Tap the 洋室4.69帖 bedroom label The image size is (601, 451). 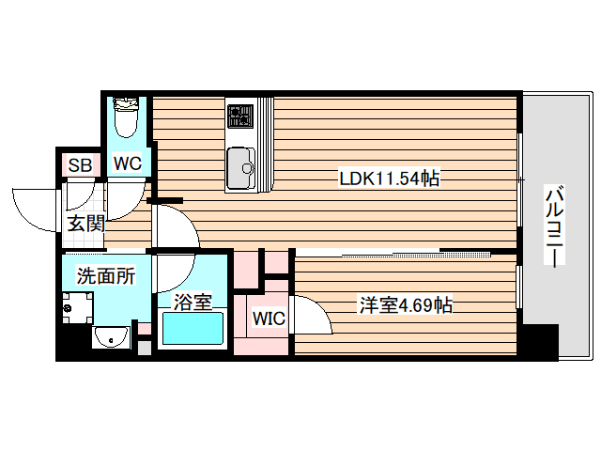406,304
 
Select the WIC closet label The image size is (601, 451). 269,318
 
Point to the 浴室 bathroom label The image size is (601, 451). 193,302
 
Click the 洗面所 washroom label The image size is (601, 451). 105,276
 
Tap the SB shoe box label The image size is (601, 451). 81,165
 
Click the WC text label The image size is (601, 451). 128,163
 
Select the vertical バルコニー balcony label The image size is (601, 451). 554,227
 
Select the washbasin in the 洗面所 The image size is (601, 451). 111,336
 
